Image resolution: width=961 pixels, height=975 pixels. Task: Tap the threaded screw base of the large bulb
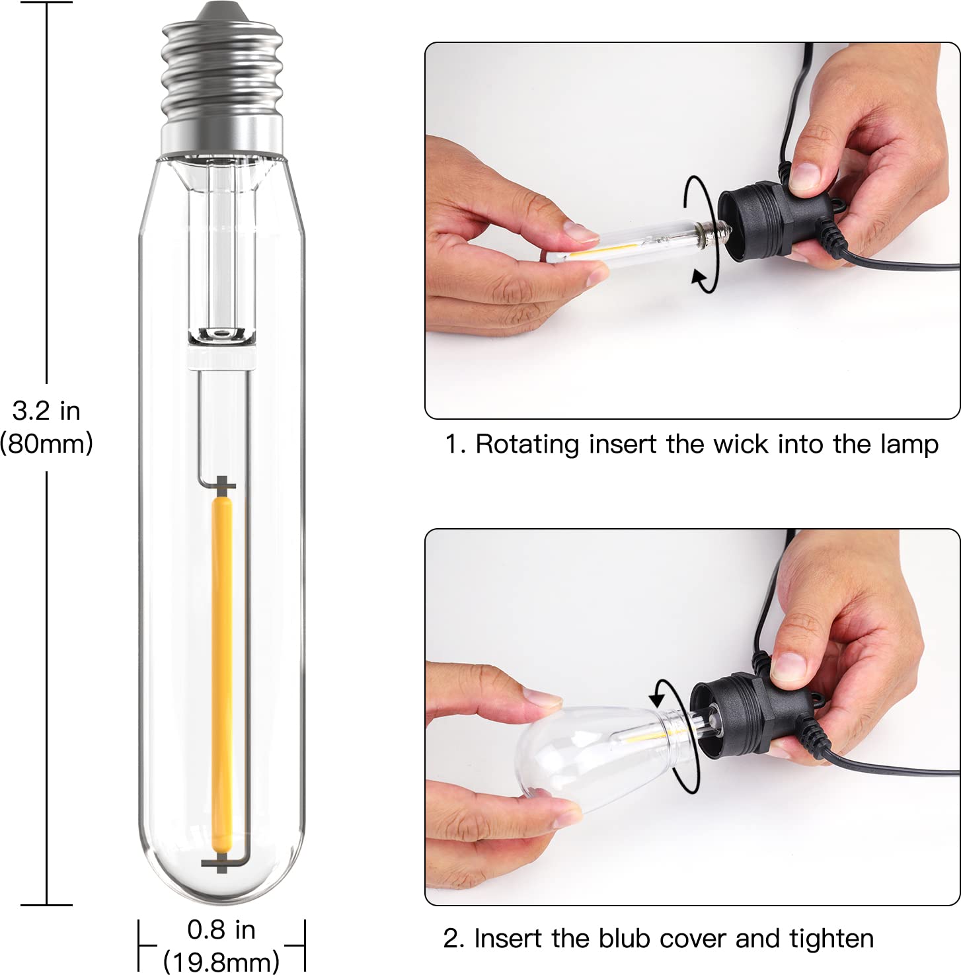(x=222, y=76)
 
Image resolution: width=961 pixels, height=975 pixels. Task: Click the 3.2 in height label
(x=46, y=411)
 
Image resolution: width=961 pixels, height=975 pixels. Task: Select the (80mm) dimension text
(x=46, y=444)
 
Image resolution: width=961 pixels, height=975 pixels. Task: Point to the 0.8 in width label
(x=221, y=929)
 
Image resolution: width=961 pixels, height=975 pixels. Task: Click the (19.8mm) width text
(x=221, y=960)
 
